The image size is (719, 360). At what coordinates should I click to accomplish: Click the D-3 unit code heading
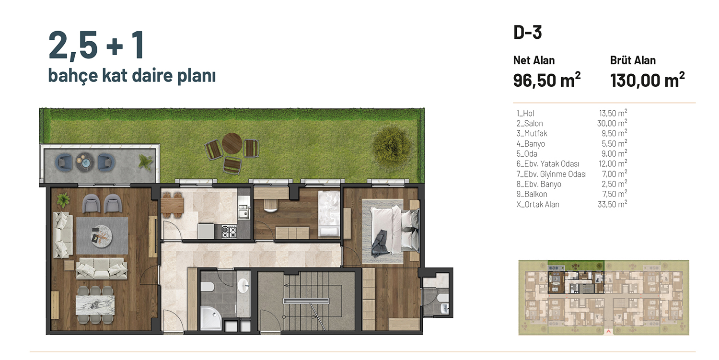(527, 33)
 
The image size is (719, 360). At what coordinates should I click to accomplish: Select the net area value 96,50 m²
(546, 80)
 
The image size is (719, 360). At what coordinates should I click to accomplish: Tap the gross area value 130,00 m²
(647, 80)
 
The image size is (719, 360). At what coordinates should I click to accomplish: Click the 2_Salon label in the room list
(530, 123)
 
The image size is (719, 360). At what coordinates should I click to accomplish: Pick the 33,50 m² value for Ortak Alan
(612, 204)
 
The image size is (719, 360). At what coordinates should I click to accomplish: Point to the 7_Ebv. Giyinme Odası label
(551, 174)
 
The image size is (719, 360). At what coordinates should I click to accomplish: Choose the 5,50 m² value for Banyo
(614, 143)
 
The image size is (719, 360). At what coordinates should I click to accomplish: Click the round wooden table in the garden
(232, 143)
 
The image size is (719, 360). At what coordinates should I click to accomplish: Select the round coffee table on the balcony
(85, 162)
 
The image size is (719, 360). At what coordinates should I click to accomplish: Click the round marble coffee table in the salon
(102, 236)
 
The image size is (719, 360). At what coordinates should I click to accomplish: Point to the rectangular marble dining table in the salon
(95, 305)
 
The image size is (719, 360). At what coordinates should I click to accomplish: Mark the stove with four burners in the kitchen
(229, 231)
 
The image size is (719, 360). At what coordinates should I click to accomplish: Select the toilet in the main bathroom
(207, 287)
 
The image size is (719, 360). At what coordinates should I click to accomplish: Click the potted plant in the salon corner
(63, 200)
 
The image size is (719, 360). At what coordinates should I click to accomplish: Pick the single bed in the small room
(329, 214)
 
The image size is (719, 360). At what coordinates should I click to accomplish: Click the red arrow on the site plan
(608, 332)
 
